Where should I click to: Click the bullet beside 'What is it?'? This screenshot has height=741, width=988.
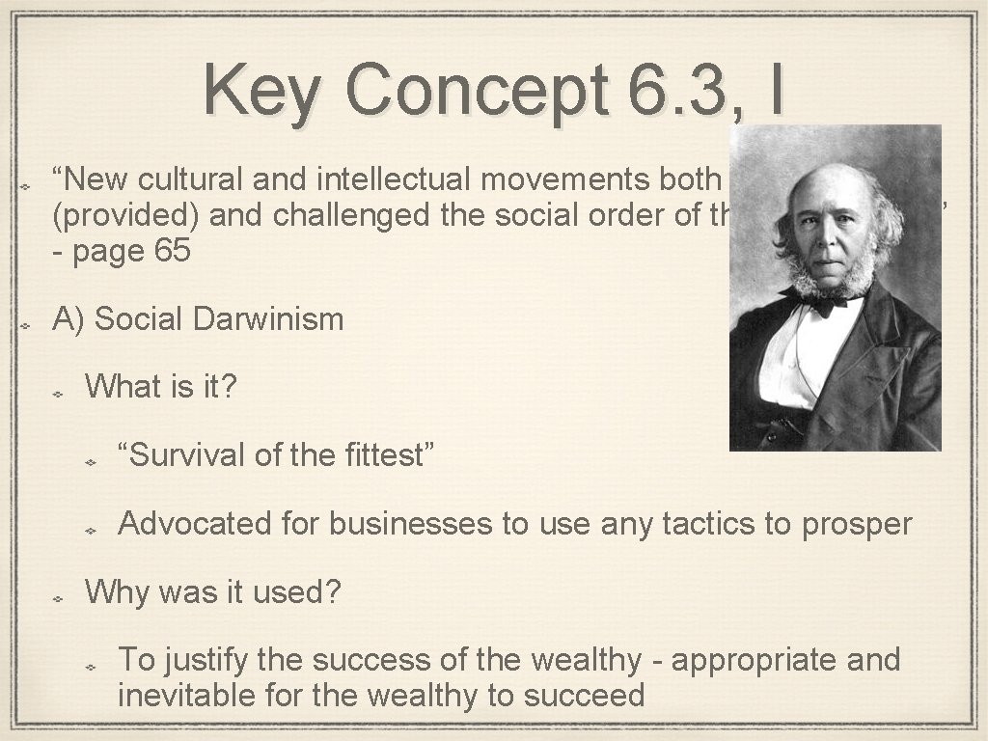click(57, 393)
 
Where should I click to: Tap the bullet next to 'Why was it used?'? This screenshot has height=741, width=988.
click(57, 597)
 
